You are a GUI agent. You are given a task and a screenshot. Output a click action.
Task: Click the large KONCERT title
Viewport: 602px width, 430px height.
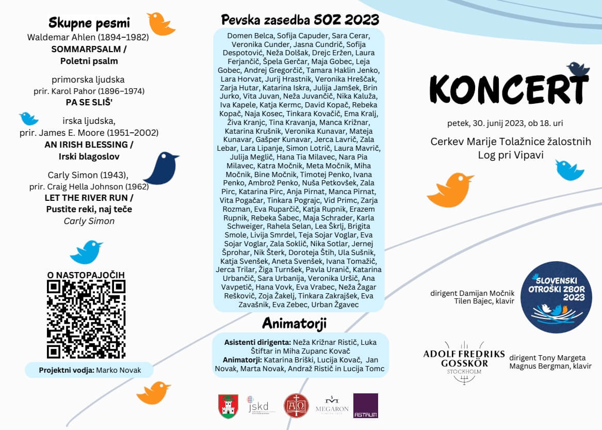click(508, 89)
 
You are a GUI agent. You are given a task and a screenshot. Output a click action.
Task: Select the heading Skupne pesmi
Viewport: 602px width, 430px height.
click(89, 23)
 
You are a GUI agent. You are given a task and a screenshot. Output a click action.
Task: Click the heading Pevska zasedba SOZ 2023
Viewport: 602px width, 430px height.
click(300, 20)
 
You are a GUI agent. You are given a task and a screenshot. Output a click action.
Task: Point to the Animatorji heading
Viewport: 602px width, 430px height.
click(294, 323)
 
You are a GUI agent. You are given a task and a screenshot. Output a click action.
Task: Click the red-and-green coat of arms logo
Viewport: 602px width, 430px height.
click(228, 406)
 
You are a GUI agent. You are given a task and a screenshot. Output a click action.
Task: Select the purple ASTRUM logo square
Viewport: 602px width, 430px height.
click(365, 405)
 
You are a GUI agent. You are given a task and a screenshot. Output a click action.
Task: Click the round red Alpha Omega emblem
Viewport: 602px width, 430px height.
click(296, 406)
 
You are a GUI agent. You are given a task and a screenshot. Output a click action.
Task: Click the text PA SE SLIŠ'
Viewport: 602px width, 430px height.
click(89, 102)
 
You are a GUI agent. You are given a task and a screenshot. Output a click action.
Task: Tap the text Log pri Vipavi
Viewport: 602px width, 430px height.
click(510, 155)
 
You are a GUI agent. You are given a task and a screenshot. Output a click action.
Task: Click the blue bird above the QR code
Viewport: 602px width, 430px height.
click(86, 251)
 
